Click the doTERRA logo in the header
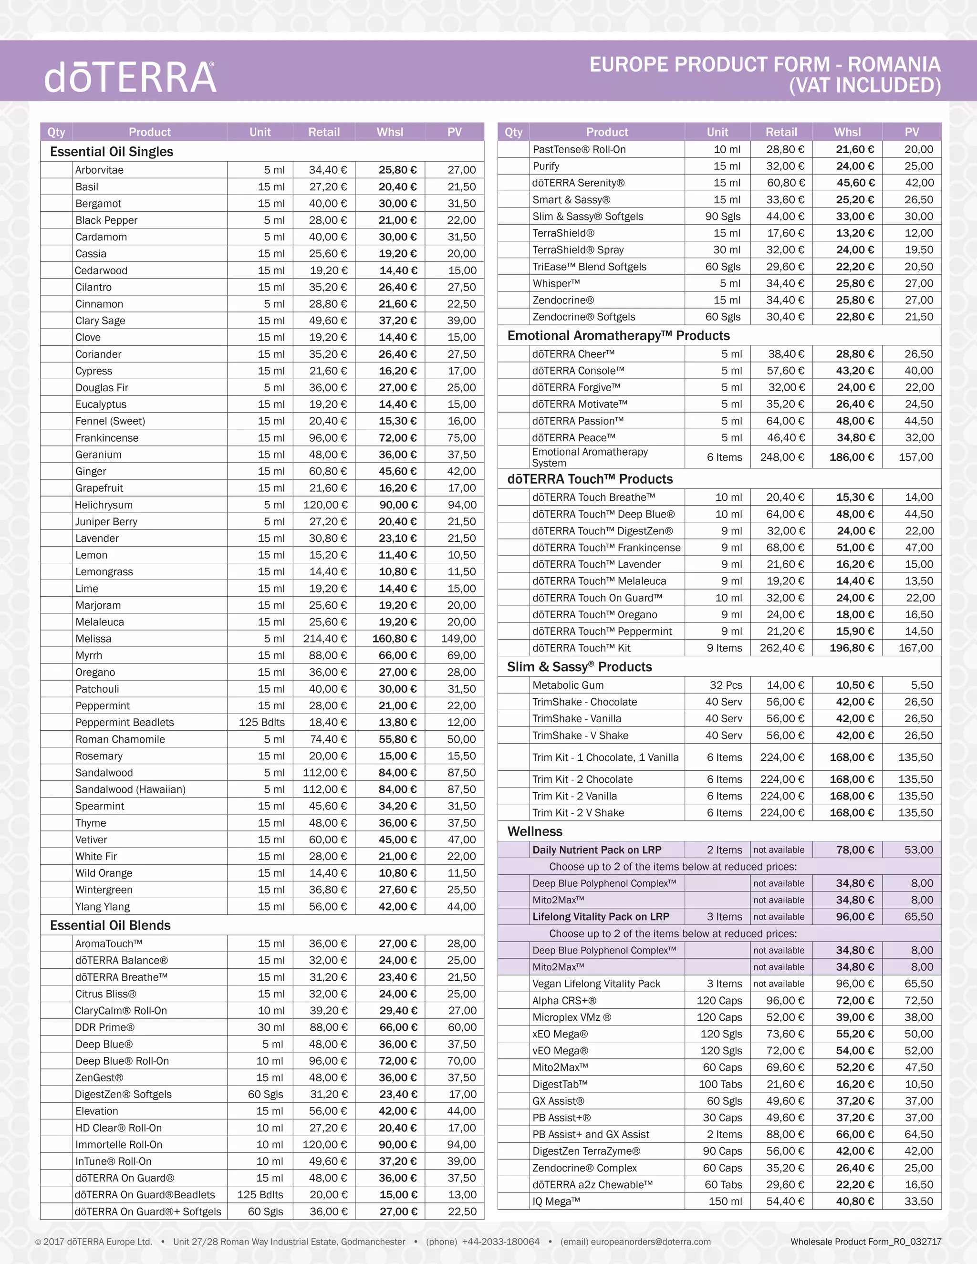click(x=130, y=78)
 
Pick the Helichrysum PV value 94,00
click(x=462, y=505)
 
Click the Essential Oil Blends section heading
click(x=110, y=925)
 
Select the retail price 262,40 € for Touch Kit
click(x=781, y=648)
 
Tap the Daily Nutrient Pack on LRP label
click(x=597, y=850)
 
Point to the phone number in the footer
click(x=500, y=1242)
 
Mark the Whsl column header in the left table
click(x=390, y=132)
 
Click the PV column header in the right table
click(x=912, y=132)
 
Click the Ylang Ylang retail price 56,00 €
click(x=328, y=907)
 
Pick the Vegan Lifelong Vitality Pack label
click(x=596, y=984)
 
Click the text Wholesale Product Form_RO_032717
click(x=865, y=1242)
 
